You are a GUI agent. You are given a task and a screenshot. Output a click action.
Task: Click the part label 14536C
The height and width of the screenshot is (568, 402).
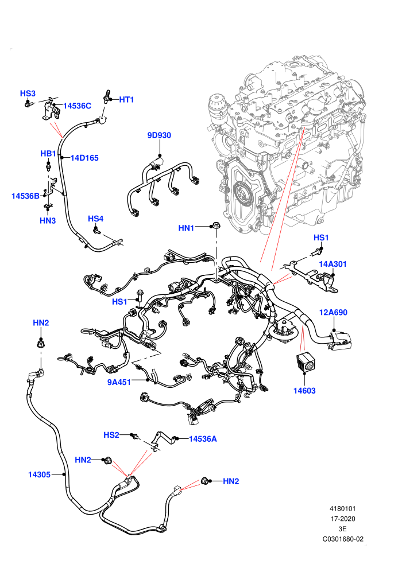coord(77,106)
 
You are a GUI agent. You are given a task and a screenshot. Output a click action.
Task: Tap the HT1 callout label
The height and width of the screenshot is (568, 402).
coord(126,100)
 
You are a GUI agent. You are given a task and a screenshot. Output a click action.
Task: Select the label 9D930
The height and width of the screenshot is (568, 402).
coord(159,135)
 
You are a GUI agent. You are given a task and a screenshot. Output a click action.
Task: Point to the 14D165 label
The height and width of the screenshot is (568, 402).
coord(84,158)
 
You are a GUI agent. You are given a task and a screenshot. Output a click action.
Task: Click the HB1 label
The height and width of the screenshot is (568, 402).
coord(48,154)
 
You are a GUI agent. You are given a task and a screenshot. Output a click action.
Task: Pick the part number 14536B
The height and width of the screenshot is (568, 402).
coord(25,196)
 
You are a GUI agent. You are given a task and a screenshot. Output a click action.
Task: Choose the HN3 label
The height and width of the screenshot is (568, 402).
coord(48,221)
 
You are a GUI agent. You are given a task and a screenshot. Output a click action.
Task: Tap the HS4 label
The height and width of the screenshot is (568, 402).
coord(96,219)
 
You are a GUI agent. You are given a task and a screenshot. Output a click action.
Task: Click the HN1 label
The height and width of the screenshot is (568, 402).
coord(186,228)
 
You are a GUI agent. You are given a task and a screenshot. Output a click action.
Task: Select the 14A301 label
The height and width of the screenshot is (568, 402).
coord(333,264)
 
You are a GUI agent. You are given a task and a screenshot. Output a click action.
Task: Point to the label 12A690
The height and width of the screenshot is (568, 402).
coord(333,312)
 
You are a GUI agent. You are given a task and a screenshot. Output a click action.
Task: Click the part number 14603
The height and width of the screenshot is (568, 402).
coord(304,391)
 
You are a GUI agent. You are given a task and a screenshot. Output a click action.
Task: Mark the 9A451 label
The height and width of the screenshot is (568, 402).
coord(119,382)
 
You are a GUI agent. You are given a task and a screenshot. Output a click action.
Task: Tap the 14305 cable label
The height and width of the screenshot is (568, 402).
coord(40,474)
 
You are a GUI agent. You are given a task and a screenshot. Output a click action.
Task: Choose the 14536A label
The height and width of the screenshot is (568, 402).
coord(203,439)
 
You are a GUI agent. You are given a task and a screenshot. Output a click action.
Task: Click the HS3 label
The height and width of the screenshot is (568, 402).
coord(28,94)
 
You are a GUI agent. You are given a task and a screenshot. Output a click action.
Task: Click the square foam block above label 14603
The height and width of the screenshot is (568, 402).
coord(305,361)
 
